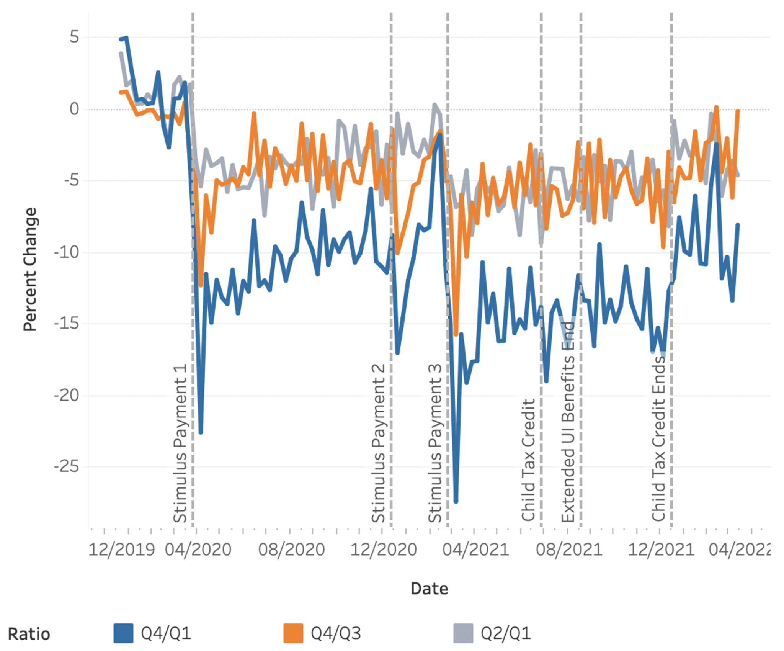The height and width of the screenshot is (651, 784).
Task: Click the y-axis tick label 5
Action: (x=74, y=37)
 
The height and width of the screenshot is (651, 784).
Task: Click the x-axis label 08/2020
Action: (x=291, y=550)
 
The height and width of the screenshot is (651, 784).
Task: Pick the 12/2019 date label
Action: (x=121, y=550)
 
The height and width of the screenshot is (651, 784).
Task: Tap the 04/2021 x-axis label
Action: (x=475, y=550)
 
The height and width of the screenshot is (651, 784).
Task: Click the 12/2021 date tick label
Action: (x=661, y=550)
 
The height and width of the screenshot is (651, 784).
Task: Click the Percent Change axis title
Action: (x=30, y=269)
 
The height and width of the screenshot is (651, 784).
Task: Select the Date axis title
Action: (x=429, y=589)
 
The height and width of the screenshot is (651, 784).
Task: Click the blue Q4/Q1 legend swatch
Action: (x=123, y=633)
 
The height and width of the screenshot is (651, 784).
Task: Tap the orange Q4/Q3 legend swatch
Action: (x=293, y=633)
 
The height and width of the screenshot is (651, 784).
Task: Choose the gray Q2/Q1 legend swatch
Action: (x=463, y=633)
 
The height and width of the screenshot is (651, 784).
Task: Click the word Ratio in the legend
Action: (x=29, y=634)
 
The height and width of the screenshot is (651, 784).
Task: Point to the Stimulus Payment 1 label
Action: (x=180, y=443)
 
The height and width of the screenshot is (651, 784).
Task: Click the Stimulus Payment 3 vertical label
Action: (x=434, y=443)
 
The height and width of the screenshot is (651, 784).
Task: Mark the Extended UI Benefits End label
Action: (x=568, y=421)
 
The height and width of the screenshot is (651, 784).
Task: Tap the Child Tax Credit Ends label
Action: (x=659, y=438)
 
